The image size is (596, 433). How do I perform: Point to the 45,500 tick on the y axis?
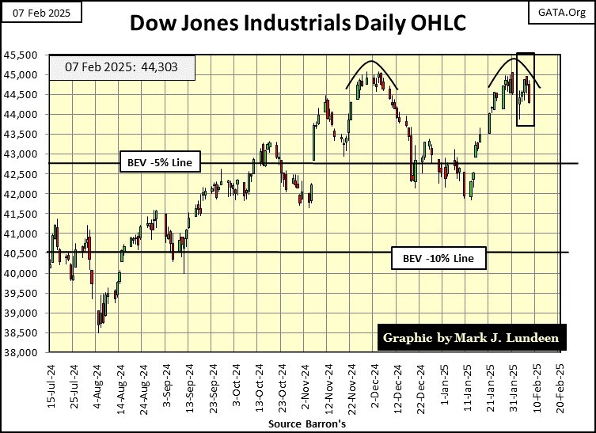(x=24, y=55)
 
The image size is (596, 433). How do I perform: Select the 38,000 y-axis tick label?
(x=24, y=353)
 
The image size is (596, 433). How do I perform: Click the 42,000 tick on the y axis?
(x=24, y=194)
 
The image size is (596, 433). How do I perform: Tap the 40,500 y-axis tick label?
(x=24, y=253)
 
